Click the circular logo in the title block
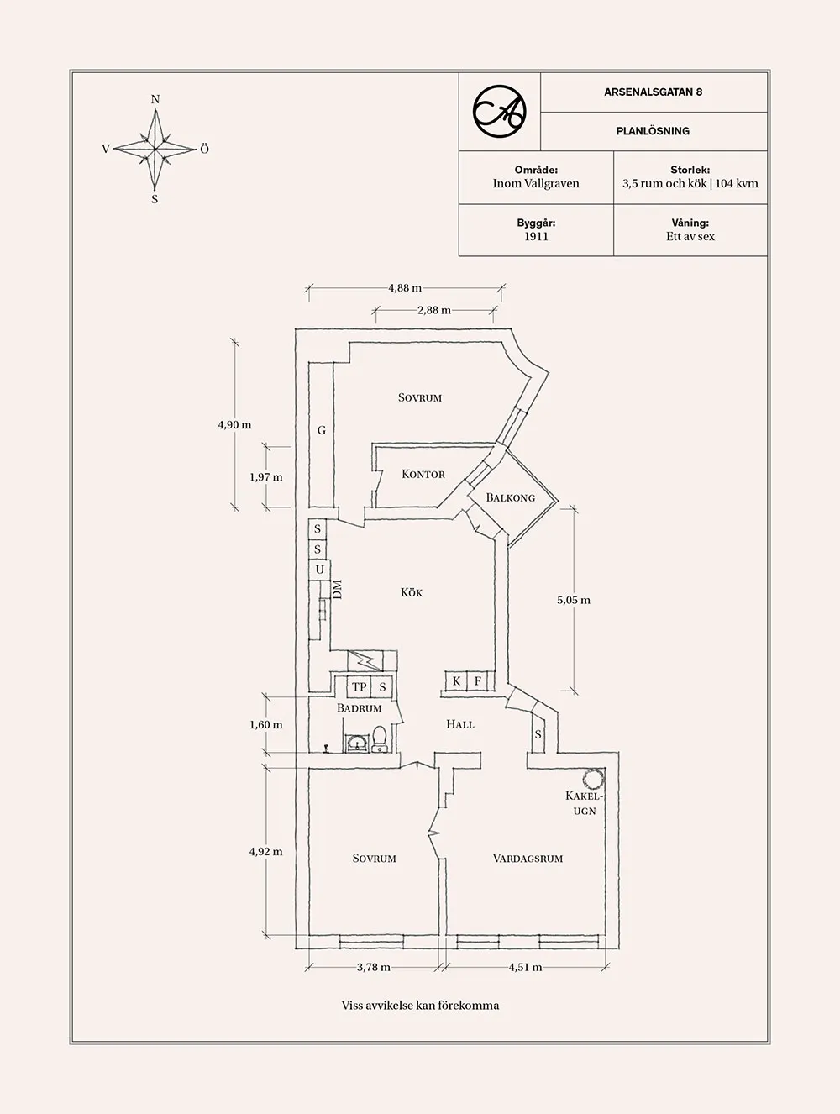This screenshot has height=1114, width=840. [x=499, y=111]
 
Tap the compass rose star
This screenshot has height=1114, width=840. [x=155, y=149]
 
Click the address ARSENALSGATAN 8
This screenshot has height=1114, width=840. [x=653, y=92]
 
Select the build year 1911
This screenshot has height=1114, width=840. [x=536, y=236]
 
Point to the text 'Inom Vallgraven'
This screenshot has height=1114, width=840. [x=536, y=183]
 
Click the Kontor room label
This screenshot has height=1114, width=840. [x=423, y=474]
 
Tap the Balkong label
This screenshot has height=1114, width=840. [x=510, y=497]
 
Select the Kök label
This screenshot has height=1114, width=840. [x=412, y=592]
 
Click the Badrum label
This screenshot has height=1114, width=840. [x=360, y=708]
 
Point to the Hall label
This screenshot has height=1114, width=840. [x=460, y=723]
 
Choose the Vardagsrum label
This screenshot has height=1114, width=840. [x=528, y=858]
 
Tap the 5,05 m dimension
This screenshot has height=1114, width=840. [x=574, y=600]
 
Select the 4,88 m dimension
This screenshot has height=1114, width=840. [x=405, y=288]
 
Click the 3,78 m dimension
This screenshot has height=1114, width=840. [x=374, y=967]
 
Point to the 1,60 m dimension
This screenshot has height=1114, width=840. [x=265, y=724]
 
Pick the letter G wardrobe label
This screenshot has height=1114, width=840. [x=321, y=430]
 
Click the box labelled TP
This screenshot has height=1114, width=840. [x=360, y=686]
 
